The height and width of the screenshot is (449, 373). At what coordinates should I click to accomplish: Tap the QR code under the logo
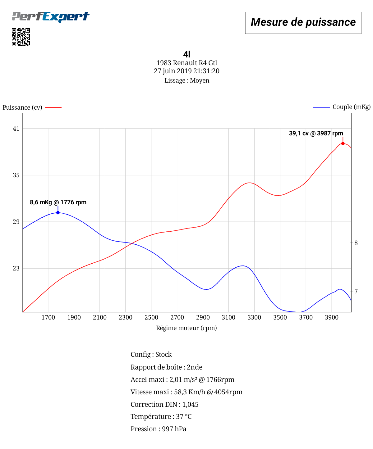[x=21, y=37]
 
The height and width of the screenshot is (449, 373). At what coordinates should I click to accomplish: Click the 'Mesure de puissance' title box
[x=303, y=22]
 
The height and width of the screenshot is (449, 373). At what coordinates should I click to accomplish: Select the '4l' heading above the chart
[x=186, y=54]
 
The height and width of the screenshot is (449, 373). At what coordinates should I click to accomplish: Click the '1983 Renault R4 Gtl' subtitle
[x=186, y=63]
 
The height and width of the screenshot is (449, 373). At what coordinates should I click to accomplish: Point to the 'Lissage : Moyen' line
[x=186, y=80]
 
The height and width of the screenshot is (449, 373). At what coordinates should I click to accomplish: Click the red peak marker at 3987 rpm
[x=343, y=143]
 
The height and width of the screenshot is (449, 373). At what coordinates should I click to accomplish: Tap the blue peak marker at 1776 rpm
[x=58, y=213]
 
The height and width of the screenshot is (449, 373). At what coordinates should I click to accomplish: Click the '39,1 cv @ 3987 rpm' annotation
[x=316, y=134]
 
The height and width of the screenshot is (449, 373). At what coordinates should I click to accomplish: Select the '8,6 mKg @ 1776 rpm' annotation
[x=58, y=202]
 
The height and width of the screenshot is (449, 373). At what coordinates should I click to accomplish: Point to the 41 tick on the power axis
[x=16, y=129]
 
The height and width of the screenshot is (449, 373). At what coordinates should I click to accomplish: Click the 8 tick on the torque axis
[x=356, y=243]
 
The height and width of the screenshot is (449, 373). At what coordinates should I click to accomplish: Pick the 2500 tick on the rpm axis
[x=151, y=317]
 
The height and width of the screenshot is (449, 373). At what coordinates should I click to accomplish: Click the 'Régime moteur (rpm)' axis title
[x=186, y=328]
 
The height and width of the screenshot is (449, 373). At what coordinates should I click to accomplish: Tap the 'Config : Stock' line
[x=151, y=355]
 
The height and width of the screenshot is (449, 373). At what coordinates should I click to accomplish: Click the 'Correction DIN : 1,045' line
[x=164, y=404]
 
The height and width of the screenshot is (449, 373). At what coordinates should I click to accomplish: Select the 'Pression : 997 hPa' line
[x=159, y=429]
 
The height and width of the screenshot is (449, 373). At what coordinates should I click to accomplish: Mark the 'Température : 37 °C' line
[x=161, y=417]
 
